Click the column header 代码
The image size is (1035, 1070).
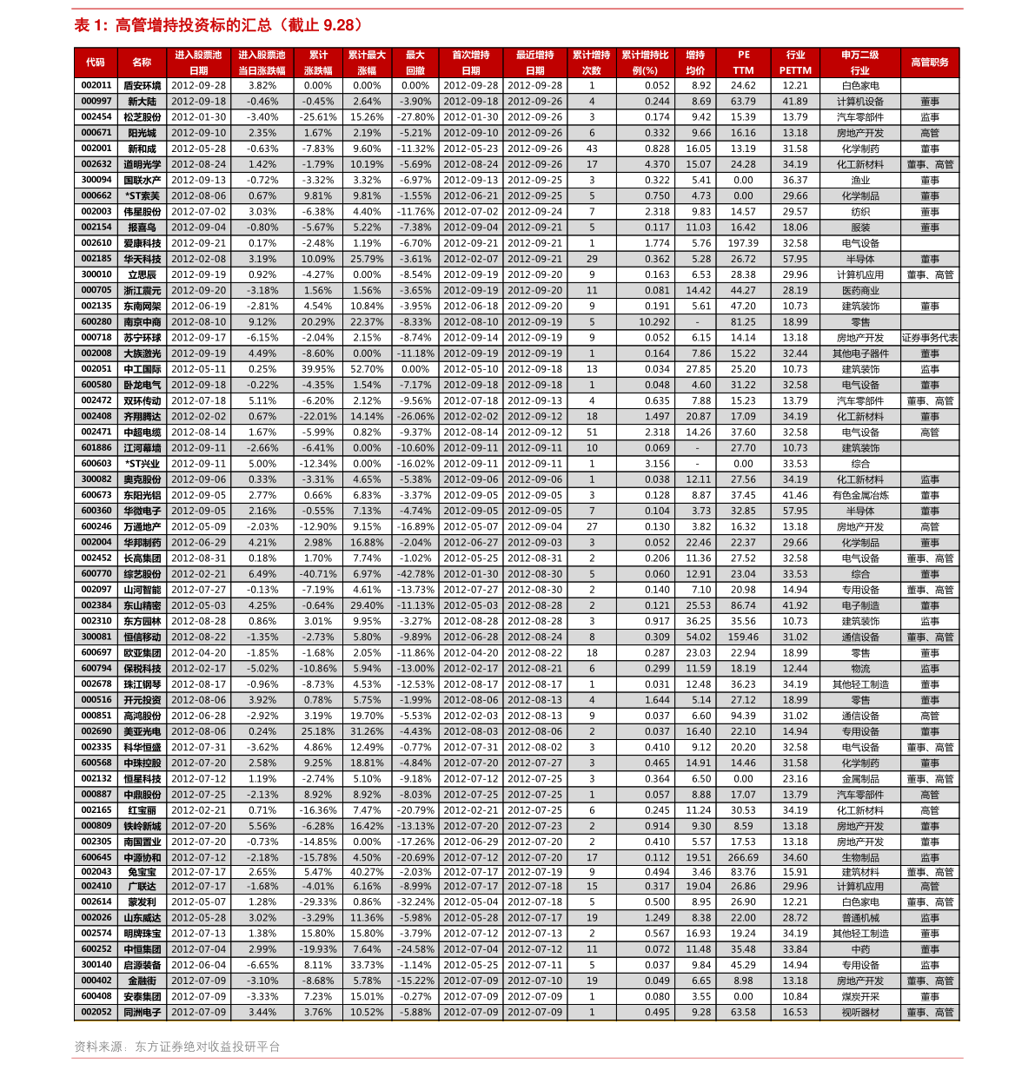96,63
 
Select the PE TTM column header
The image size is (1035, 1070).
743,63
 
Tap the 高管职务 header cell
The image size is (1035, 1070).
929,63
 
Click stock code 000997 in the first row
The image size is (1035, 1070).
96,102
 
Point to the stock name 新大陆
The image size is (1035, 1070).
142,102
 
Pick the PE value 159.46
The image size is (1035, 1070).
743,637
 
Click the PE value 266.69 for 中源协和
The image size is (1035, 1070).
743,858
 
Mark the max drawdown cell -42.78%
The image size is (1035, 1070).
415,574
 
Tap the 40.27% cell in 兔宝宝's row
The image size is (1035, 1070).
367,872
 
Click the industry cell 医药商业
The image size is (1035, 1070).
859,291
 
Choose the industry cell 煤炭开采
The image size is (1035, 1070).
859,997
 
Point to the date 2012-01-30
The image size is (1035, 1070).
470,574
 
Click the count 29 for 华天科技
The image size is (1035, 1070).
592,259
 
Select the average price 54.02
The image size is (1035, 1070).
698,637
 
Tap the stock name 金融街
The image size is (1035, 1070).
142,981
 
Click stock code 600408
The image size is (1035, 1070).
96,997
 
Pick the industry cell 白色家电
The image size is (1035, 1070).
859,902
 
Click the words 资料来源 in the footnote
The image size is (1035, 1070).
98,1047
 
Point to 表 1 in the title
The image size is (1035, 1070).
90,26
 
